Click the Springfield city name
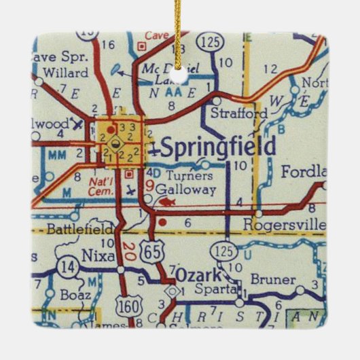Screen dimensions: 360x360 219,147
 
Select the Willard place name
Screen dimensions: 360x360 65,71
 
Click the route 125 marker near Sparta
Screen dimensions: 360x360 228,251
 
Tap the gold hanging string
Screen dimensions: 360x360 180,31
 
